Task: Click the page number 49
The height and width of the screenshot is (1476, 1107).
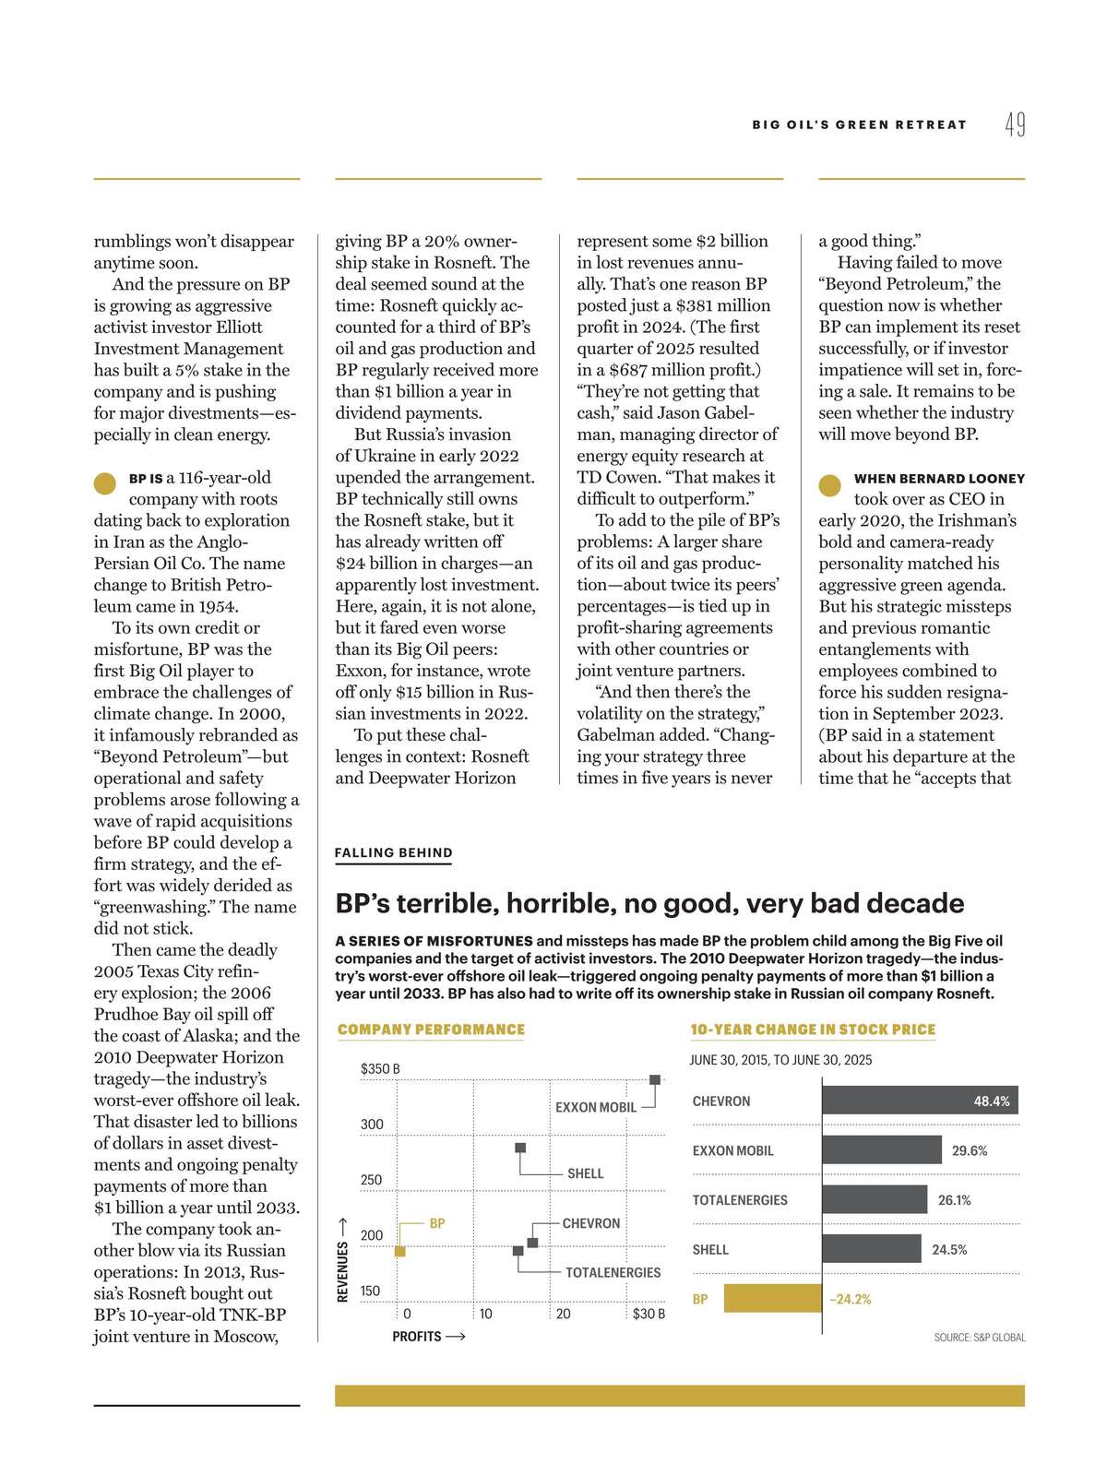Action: [1015, 125]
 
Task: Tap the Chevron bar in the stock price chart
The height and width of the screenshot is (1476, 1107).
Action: [919, 1101]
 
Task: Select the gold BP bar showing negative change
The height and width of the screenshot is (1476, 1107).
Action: [772, 1299]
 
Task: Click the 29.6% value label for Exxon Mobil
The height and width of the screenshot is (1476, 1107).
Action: [970, 1150]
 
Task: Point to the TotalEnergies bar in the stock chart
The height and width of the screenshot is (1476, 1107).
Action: [874, 1199]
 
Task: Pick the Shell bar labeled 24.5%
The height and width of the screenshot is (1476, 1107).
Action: [871, 1249]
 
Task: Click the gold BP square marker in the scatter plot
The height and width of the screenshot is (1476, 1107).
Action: [400, 1251]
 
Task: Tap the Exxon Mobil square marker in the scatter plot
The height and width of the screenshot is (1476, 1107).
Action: [655, 1079]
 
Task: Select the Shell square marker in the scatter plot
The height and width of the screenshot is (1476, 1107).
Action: [520, 1148]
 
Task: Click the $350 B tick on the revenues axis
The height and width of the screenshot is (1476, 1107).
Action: [379, 1069]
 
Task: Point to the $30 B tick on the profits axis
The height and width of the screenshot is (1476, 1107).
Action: [649, 1313]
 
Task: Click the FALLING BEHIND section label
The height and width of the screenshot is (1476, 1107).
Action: [393, 853]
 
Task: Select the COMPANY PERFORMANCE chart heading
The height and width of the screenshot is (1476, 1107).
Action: [431, 1030]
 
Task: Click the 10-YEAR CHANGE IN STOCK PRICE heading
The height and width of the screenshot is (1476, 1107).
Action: [813, 1030]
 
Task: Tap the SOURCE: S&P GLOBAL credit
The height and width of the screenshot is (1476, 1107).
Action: [979, 1337]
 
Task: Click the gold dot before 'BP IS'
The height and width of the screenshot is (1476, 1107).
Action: [105, 483]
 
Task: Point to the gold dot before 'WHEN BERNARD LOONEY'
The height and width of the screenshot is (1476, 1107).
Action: [830, 484]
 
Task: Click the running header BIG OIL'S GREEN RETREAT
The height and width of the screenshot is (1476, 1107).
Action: [859, 125]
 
